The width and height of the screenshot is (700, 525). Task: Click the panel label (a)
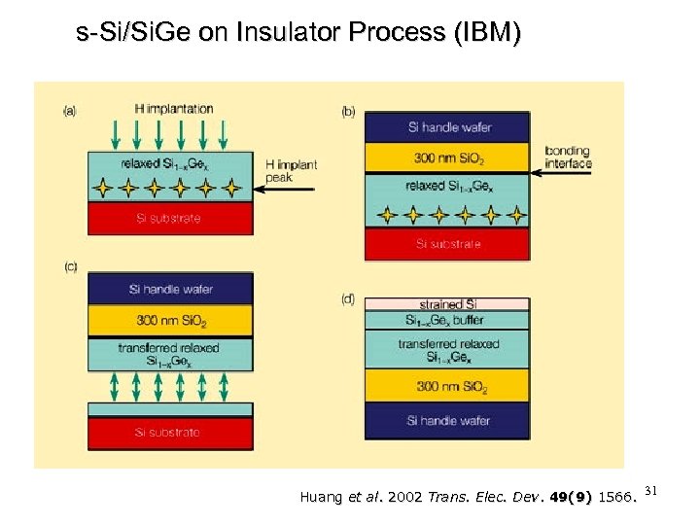pos(70,111)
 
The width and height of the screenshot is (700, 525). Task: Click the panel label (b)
pos(348,111)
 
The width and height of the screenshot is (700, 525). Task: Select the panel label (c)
pos(70,265)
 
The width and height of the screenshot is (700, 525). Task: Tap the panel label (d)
pos(348,298)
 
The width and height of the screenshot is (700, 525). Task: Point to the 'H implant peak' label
pos(291,172)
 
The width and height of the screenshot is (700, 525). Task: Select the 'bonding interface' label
pos(568,157)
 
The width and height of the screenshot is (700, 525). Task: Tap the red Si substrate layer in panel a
pos(170,218)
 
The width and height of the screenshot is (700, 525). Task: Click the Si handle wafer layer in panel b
pos(446,127)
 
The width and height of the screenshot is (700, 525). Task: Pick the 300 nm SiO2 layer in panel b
pos(446,157)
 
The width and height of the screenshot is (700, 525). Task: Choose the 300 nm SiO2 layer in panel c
pos(170,320)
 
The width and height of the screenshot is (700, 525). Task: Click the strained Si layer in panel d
pos(446,303)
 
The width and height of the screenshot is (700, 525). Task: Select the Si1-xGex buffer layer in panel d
pos(446,319)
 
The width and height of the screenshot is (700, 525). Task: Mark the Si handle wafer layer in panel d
pos(446,420)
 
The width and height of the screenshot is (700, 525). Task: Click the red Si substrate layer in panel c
pos(170,432)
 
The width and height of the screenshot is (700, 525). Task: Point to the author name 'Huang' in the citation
pos(323,498)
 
